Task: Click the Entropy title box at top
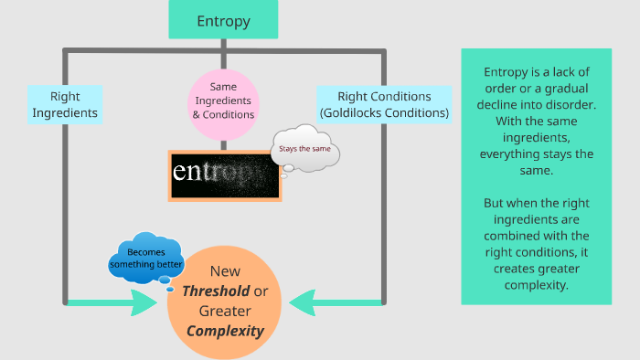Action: tap(224, 20)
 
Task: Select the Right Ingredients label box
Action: tap(64, 104)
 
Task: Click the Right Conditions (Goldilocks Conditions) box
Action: tap(384, 104)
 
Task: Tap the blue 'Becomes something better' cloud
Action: tap(147, 259)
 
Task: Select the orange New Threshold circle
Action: tap(225, 302)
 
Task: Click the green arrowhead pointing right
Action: tap(144, 302)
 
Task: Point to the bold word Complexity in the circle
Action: tap(225, 331)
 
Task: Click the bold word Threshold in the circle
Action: tap(215, 291)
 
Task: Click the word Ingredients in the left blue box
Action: tap(65, 113)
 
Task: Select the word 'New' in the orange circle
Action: tap(225, 271)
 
